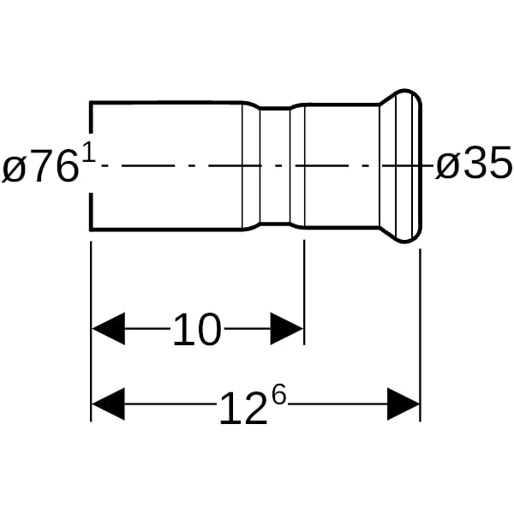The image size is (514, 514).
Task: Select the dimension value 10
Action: click(197, 329)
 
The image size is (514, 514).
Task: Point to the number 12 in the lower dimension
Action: click(243, 409)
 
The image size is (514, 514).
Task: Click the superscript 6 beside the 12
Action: click(278, 394)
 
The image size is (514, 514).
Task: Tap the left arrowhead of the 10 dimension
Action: click(108, 328)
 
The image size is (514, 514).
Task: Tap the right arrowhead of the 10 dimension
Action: click(286, 328)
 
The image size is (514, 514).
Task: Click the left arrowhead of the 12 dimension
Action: click(108, 403)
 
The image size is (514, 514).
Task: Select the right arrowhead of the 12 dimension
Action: click(403, 403)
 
